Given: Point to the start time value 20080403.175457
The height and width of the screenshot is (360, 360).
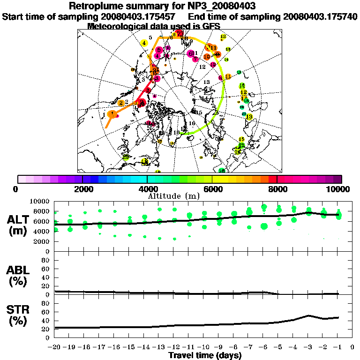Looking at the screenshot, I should (140, 16).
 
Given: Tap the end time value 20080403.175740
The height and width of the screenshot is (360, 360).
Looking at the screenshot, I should (321, 16).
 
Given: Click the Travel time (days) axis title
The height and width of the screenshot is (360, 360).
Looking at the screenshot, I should (205, 356).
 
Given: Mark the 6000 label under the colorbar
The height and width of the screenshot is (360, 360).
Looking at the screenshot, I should (212, 189).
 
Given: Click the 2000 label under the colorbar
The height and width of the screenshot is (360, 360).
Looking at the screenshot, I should (82, 189).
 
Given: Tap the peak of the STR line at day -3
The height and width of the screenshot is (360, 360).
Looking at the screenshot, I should (308, 315).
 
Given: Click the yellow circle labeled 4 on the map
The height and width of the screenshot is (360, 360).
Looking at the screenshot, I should (144, 43).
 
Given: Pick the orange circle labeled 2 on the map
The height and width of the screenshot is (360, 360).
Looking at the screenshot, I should (121, 103).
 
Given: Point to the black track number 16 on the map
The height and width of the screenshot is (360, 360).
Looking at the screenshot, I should (192, 123).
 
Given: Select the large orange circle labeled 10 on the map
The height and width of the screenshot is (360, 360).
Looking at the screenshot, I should (207, 57).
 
